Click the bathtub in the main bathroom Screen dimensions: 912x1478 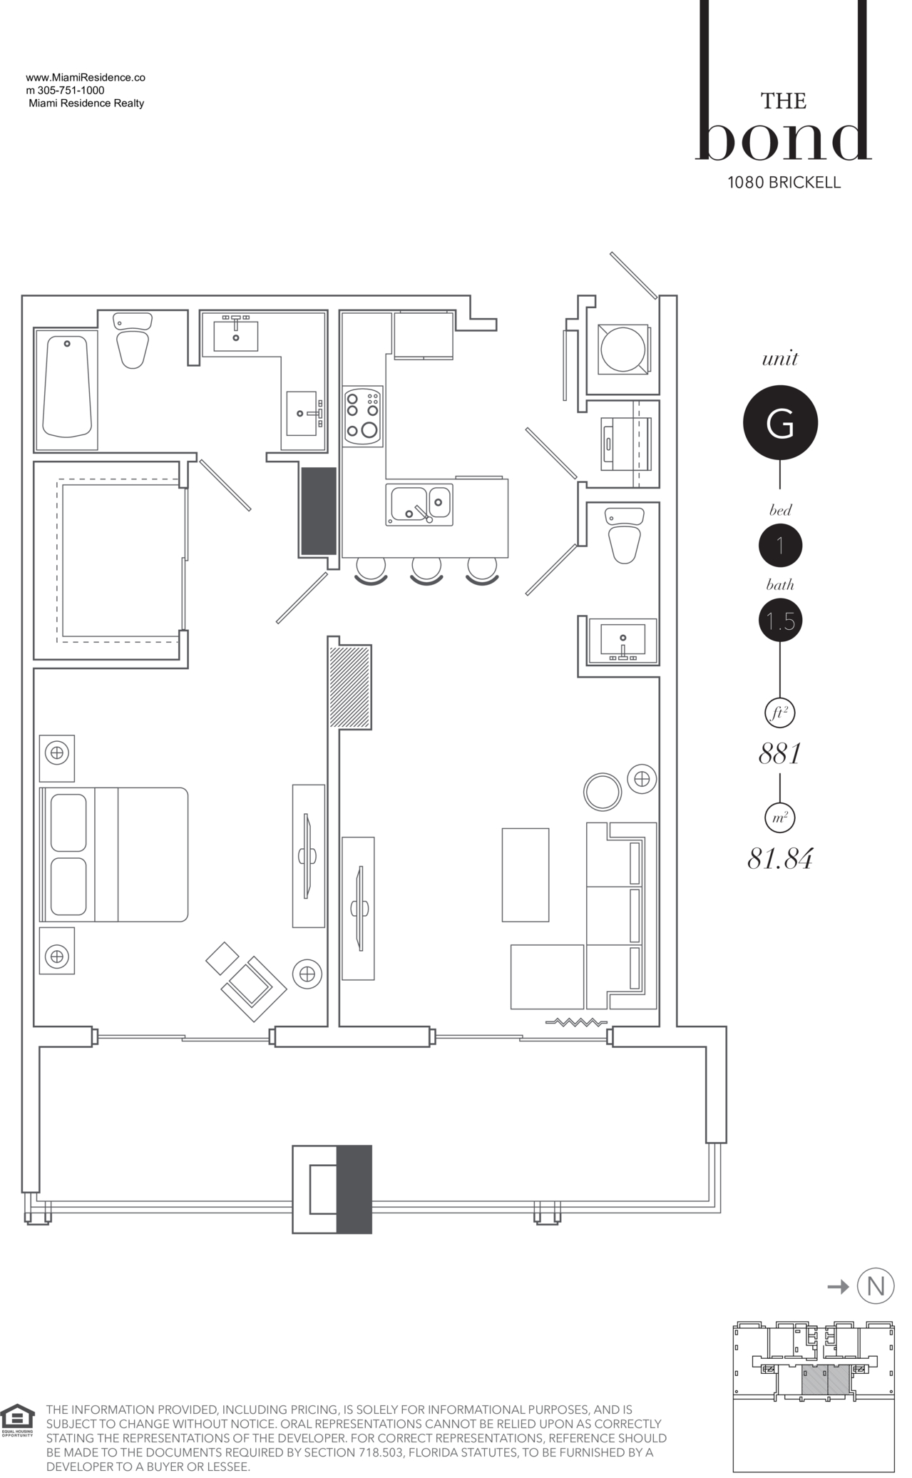[67, 387]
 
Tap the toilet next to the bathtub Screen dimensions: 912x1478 [133, 340]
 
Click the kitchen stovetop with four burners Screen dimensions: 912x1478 [362, 417]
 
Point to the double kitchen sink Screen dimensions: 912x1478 [419, 504]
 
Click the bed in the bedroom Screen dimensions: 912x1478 [114, 854]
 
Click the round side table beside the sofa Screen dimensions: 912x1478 [603, 791]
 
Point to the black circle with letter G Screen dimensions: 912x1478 [780, 424]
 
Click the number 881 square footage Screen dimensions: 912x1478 [780, 753]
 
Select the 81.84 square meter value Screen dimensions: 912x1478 [780, 859]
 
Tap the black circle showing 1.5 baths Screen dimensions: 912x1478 [780, 621]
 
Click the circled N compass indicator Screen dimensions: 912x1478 [875, 1286]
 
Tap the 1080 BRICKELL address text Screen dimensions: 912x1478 [784, 183]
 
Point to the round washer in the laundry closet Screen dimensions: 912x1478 [622, 349]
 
